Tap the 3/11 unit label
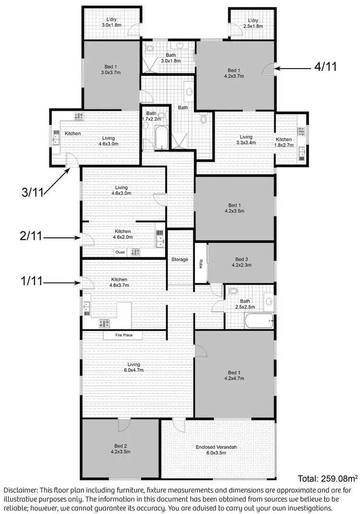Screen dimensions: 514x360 32,192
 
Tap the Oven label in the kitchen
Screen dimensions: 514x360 120,252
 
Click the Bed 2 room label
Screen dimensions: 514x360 120,448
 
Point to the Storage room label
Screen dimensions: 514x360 180,260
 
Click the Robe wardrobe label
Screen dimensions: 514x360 201,263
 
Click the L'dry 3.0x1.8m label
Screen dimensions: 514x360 110,24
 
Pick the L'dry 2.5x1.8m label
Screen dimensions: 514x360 253,24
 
